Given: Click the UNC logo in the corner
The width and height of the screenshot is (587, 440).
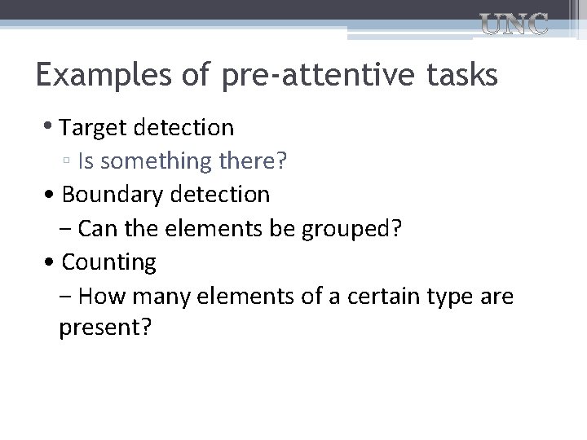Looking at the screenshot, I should click(513, 25).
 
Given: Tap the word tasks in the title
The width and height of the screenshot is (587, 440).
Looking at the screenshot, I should click(461, 76).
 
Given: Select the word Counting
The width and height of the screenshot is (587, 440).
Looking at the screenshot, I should click(108, 262).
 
